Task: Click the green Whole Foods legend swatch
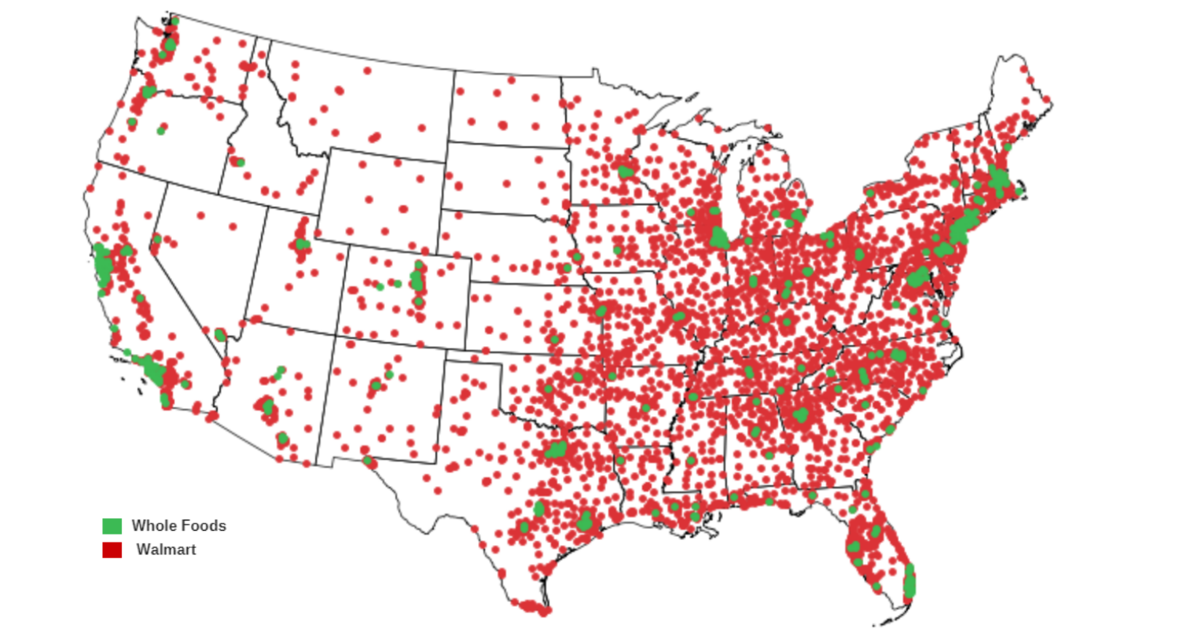(112, 526)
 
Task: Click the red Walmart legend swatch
(112, 550)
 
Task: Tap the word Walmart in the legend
(166, 550)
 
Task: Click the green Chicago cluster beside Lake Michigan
(718, 237)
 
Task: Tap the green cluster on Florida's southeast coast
(909, 582)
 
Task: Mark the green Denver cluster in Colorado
(417, 279)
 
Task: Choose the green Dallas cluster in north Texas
(557, 449)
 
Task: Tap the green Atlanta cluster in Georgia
(801, 414)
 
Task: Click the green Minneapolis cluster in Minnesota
(626, 171)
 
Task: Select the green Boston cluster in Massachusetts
(999, 179)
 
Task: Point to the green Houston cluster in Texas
(585, 521)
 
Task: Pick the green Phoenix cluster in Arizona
(268, 406)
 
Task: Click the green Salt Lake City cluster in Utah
(302, 244)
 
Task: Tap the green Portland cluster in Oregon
(149, 91)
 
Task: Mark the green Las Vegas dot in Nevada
(220, 335)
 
